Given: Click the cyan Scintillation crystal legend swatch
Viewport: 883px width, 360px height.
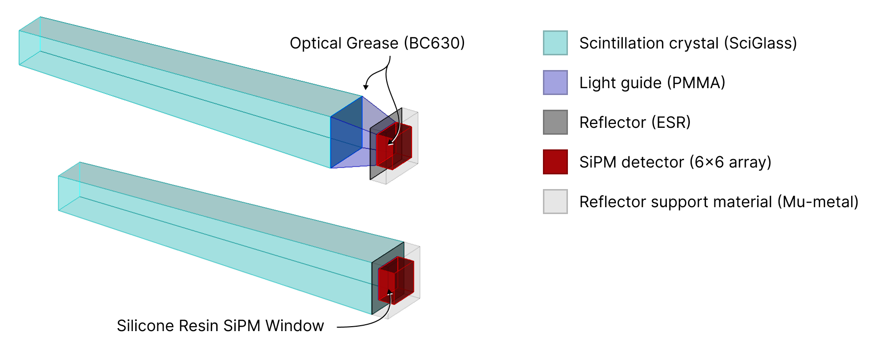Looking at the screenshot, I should coord(555,43).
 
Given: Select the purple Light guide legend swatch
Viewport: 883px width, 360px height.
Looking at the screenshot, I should coord(555,83).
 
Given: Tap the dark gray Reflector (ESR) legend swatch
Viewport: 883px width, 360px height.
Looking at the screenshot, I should coord(555,122).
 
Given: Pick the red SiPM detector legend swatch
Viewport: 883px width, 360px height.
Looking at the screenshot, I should coord(555,162).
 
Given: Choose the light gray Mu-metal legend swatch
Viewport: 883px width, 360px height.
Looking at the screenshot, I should coord(555,202).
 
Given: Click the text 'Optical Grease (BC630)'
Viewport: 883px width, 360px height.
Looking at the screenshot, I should coord(377,43).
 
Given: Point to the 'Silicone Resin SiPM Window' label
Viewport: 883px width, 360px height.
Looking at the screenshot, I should coord(220,326).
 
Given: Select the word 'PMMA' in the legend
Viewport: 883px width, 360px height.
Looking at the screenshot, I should coord(696,83).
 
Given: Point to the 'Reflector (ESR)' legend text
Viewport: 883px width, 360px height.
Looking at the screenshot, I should coord(635,122).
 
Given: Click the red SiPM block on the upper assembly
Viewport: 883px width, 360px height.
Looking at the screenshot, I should coord(395,146).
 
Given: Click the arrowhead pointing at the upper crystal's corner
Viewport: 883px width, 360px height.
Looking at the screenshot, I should coord(366,87).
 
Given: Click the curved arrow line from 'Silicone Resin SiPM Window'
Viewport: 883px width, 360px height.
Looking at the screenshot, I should coord(372,323).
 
